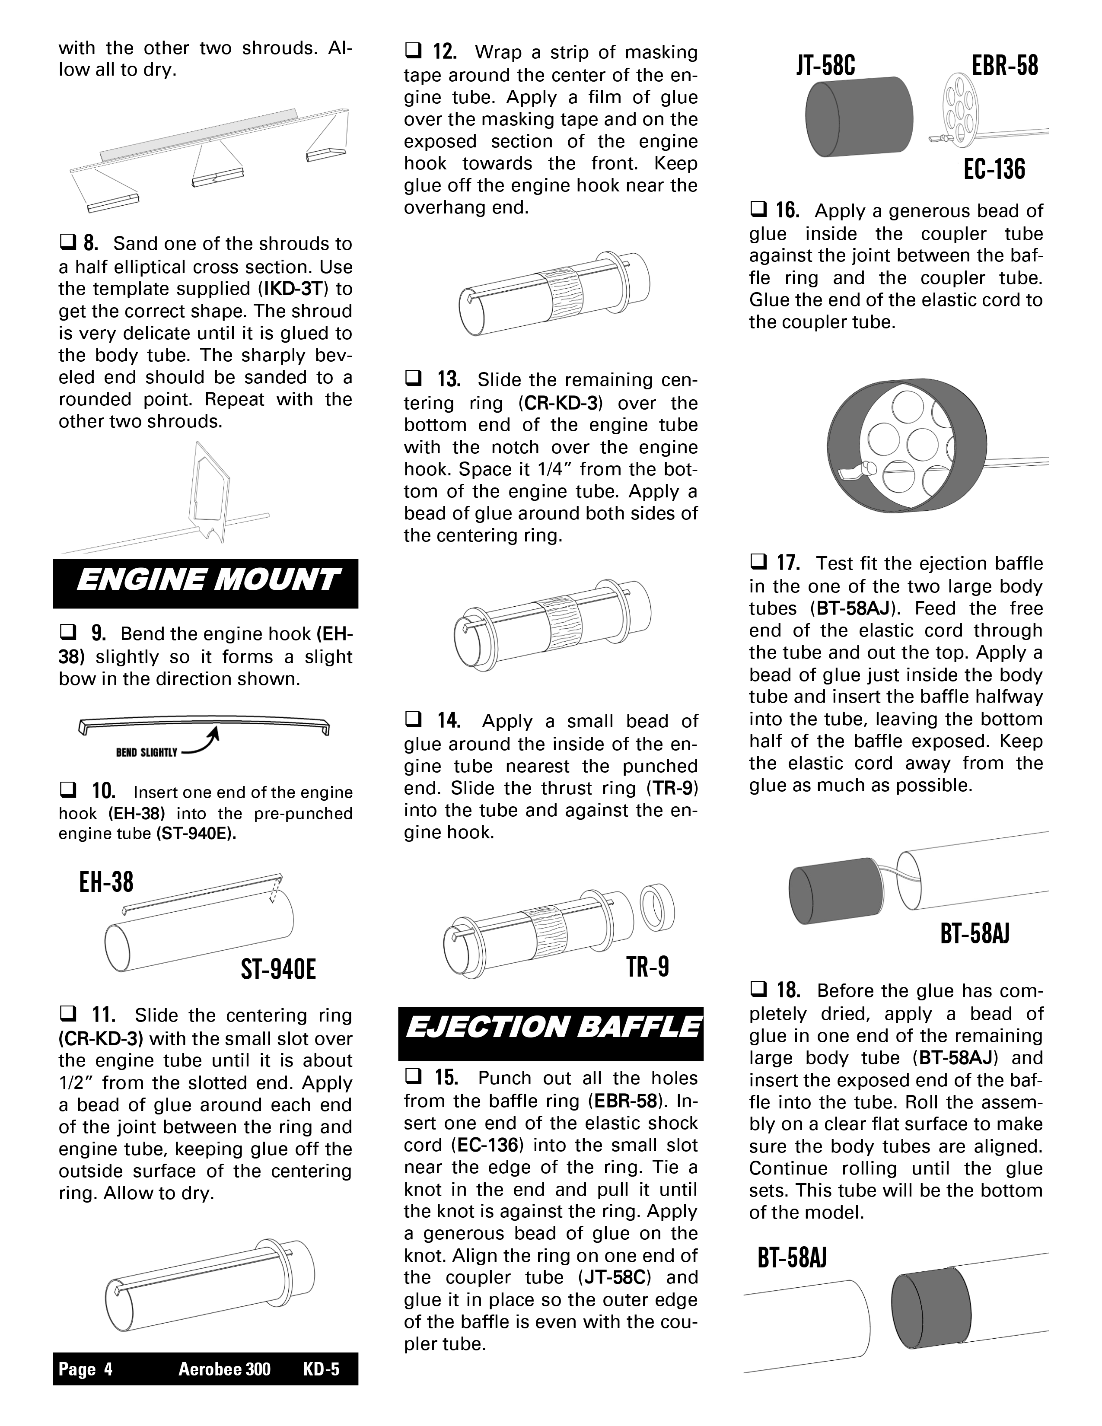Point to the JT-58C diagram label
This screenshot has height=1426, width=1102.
point(826,66)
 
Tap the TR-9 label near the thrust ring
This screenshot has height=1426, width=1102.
point(648,966)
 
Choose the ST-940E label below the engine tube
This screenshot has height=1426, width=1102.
point(278,970)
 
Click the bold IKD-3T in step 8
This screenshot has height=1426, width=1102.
point(295,289)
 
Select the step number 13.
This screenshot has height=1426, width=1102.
point(449,379)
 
